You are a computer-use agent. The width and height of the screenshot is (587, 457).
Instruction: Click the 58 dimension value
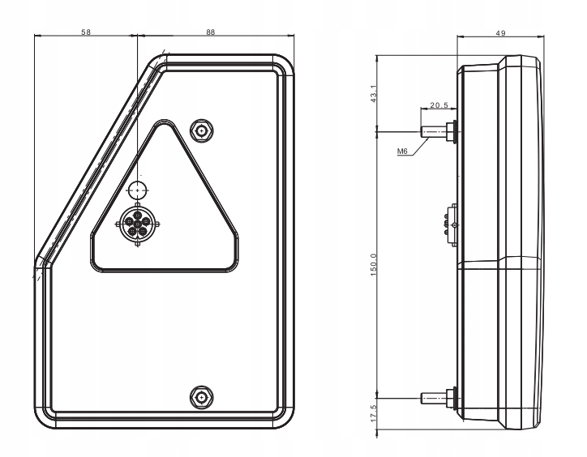pos(86,32)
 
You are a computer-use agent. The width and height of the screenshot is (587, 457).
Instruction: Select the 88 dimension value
pos(211,32)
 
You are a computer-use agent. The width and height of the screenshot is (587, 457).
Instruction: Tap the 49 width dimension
pos(500,33)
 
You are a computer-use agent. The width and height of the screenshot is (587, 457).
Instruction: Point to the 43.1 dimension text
pos(374,93)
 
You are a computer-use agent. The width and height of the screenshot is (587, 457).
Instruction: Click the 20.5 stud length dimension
pos(439,105)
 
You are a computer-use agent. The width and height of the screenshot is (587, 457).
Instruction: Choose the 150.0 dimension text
pos(374,265)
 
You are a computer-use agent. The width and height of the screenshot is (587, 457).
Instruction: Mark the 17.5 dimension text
pos(374,413)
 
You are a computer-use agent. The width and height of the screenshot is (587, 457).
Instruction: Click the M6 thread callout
pos(402,152)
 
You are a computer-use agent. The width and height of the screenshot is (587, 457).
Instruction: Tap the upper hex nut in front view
pos(202,131)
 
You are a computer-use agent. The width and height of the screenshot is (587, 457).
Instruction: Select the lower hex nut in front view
pos(202,397)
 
